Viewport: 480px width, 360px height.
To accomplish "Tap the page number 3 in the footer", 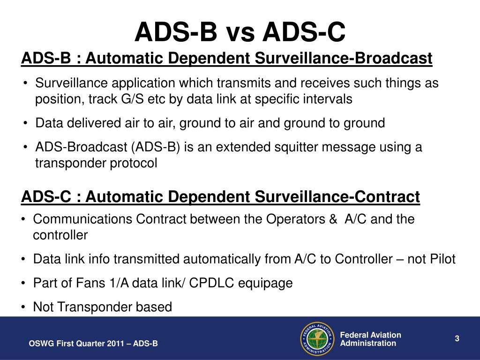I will pyautogui.click(x=456, y=338).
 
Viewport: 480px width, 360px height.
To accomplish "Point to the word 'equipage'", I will pyautogui.click(x=270, y=283).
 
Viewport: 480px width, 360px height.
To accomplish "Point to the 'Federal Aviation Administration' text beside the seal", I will pyautogui.click(x=370, y=339).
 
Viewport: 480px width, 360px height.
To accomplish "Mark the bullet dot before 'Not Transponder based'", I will pyautogui.click(x=23, y=307).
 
